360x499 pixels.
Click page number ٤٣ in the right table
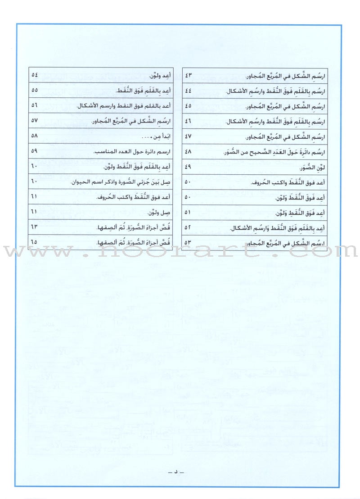click(x=188, y=73)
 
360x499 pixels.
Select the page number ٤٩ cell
click(x=188, y=168)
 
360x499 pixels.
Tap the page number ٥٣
click(x=188, y=243)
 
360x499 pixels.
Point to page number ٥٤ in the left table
click(x=34, y=73)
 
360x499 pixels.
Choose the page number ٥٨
click(x=34, y=136)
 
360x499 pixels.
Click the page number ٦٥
click(x=34, y=243)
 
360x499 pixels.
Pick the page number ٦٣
click(x=34, y=228)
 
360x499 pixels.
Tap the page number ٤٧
click(x=188, y=136)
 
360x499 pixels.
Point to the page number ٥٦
click(x=34, y=105)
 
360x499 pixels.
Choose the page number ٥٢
click(x=188, y=228)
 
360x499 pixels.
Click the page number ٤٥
click(x=188, y=105)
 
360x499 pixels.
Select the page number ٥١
click(x=188, y=213)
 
